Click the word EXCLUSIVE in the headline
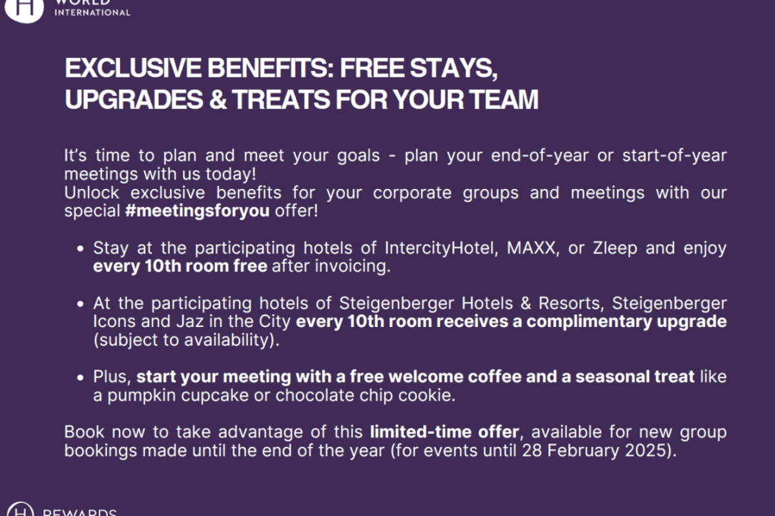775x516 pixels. click(133, 68)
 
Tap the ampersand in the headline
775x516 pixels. click(218, 99)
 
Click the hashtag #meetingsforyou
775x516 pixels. click(197, 210)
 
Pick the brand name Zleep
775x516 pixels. click(615, 248)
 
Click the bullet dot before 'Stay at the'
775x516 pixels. click(80, 248)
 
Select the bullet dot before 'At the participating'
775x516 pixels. click(80, 304)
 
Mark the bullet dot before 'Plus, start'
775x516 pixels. click(80, 377)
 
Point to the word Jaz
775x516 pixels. click(190, 321)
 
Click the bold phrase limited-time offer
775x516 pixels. click(444, 432)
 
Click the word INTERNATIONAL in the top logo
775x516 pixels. click(92, 13)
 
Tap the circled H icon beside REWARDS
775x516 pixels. click(20, 510)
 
